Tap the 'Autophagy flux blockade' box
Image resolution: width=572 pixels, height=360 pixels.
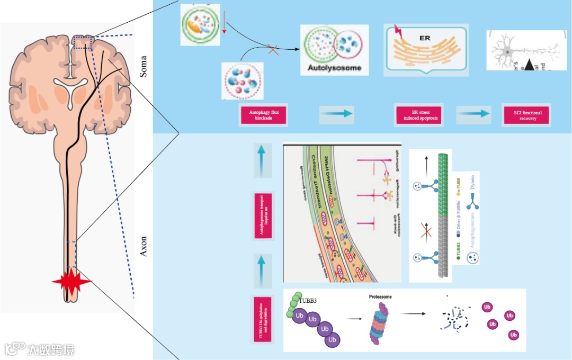pos(263,115)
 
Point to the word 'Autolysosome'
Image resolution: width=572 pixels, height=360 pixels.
pos(334,68)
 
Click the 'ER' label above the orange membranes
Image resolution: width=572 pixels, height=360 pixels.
pos(425,39)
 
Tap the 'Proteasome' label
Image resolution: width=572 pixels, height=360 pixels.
pos(380,298)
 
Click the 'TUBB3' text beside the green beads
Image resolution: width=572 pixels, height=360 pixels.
pos(308,301)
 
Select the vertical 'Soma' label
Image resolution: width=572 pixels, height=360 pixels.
pos(144,67)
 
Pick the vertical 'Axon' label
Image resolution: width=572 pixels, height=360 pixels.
pos(144,246)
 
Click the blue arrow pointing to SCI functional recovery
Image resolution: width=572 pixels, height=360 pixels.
pos(473,113)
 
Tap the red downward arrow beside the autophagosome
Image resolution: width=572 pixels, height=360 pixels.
pos(225,24)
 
